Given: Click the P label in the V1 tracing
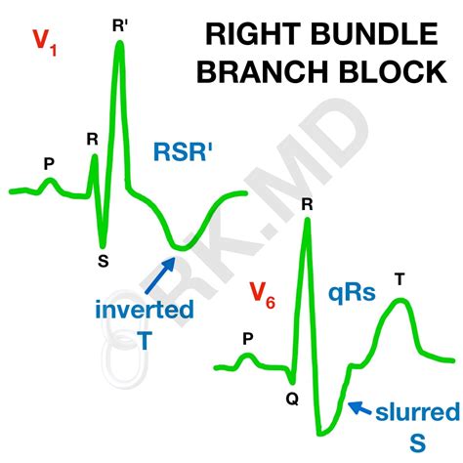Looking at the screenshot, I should click(x=49, y=164).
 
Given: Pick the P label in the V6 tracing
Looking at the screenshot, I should click(x=247, y=339).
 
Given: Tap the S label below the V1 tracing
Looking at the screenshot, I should click(x=103, y=261).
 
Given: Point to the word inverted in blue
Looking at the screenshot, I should click(x=157, y=311).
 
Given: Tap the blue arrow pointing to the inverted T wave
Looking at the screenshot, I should click(x=159, y=272).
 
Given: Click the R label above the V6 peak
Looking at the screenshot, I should click(x=307, y=204).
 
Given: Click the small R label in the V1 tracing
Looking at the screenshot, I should click(x=92, y=140).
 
